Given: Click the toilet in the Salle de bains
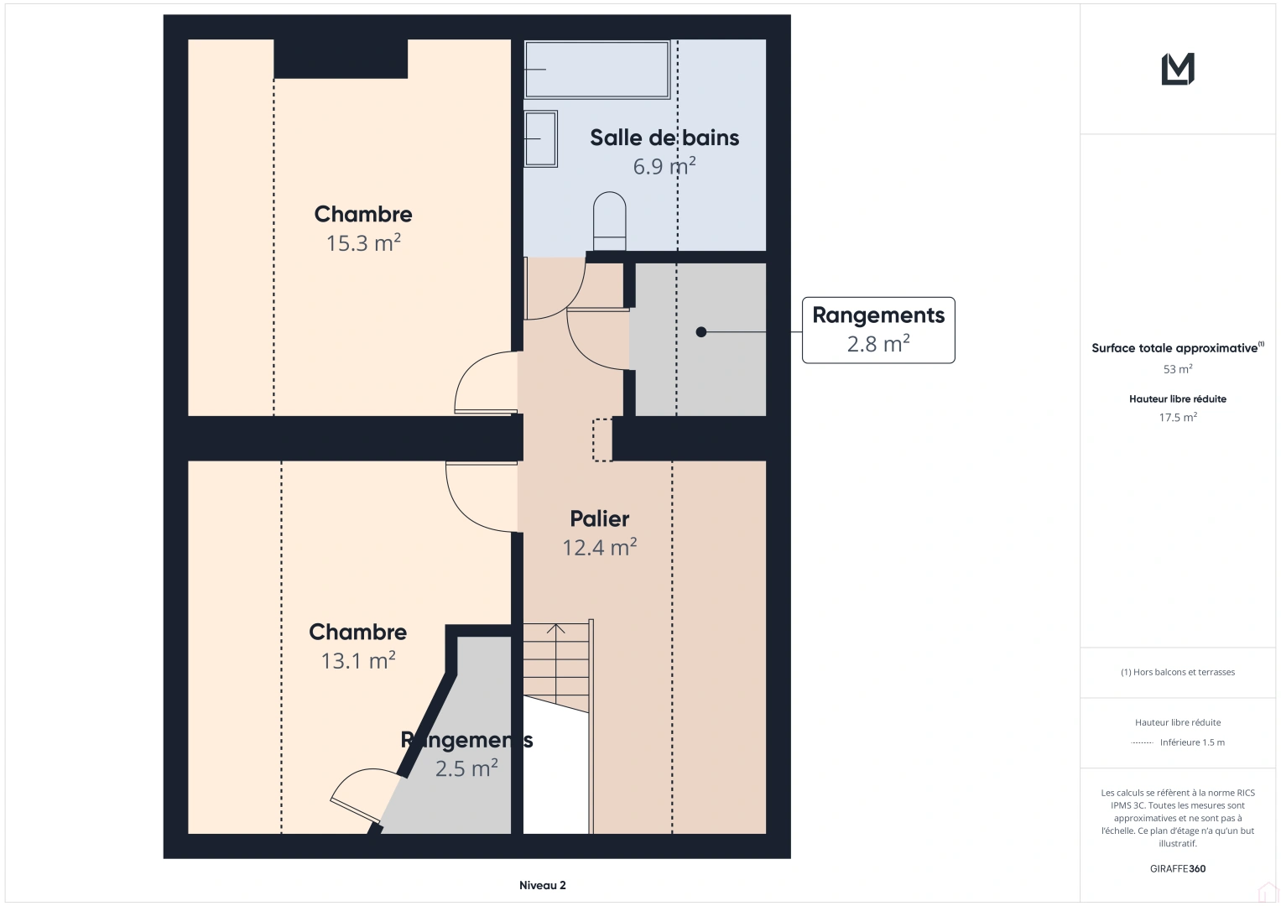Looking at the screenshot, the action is [x=609, y=221].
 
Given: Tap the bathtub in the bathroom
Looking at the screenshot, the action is [x=597, y=69].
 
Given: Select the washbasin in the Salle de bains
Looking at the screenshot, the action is [x=540, y=138].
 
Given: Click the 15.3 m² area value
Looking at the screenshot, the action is [x=363, y=242].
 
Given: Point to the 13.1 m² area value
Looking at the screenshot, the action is [x=358, y=660].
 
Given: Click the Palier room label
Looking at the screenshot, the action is [x=599, y=518].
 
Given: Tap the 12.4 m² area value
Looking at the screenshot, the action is [x=599, y=547].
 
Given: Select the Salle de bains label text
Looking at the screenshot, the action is [x=664, y=138].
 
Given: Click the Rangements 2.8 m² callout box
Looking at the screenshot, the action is [x=878, y=330].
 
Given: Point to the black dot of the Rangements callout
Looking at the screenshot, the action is [x=701, y=331].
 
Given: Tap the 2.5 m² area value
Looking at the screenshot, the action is [x=466, y=768].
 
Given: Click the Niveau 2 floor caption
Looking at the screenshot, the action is [x=542, y=885].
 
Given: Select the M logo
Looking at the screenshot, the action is [x=1178, y=69].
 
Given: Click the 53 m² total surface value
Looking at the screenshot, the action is [x=1178, y=369].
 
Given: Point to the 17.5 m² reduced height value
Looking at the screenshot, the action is [x=1178, y=417].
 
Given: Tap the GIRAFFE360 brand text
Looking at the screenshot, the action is [x=1178, y=868].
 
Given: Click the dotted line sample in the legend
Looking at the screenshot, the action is [x=1142, y=742].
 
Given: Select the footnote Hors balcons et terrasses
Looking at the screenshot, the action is [x=1178, y=672].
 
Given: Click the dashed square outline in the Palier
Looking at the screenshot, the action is [x=602, y=440].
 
